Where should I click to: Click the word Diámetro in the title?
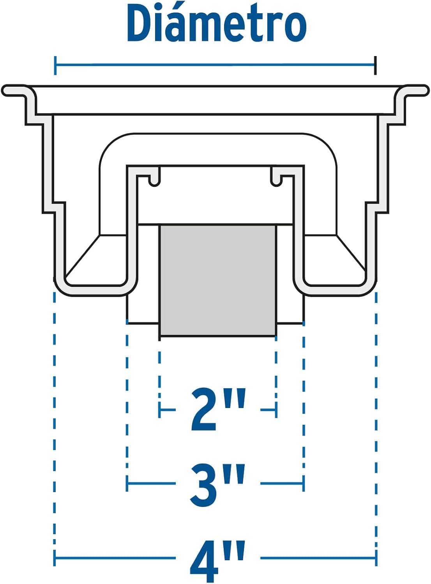point(217,23)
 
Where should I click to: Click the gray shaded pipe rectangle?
point(218,280)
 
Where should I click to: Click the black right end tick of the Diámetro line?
point(375,65)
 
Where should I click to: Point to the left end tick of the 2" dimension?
point(160,410)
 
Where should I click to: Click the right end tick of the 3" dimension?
point(303,484)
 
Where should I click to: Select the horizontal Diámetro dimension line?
point(215,65)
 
